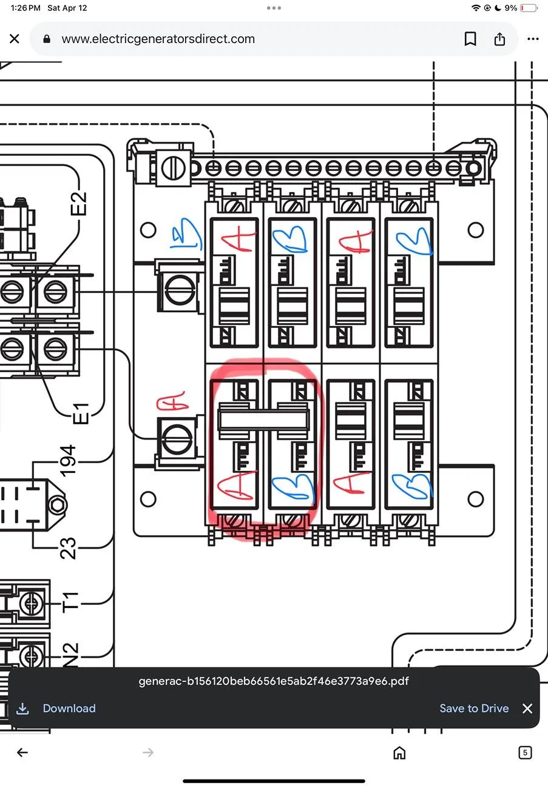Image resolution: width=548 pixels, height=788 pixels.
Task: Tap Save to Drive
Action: pos(474,708)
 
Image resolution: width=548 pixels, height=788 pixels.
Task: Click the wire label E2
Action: pos(79,204)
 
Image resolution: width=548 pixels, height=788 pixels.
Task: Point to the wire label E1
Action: pos(80,413)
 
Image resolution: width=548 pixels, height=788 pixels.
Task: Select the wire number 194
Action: pos(68,460)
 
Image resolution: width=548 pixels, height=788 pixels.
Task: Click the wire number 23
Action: pos(69,548)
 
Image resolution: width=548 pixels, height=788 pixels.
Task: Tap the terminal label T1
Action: pos(70,603)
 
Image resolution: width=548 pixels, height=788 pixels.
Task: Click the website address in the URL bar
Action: pos(158,39)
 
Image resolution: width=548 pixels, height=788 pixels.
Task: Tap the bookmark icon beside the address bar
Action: pos(470,39)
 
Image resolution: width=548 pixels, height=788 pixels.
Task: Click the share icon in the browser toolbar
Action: pos(499,39)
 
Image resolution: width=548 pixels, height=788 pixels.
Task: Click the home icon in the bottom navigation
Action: pos(399,753)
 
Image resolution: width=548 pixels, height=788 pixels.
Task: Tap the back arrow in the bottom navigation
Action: pos(22,753)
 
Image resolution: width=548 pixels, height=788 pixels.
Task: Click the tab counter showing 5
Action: pos(525,753)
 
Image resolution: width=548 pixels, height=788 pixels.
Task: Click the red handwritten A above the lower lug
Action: pos(172,404)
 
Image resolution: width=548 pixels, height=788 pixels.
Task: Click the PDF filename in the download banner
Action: pos(274,681)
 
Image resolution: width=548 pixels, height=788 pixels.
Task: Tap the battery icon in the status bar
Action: pos(528,8)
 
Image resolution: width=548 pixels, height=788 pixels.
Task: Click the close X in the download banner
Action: pos(527,708)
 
